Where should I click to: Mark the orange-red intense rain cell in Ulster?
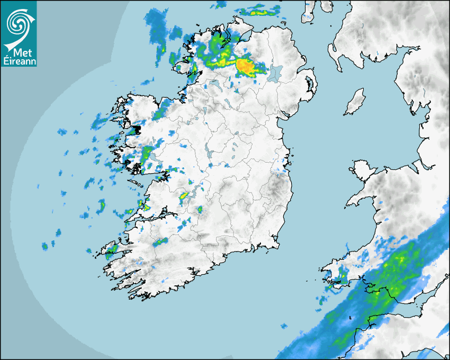click(x=245, y=66)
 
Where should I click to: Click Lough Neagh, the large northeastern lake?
click(x=275, y=73)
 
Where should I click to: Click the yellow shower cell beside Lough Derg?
click(x=184, y=196)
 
